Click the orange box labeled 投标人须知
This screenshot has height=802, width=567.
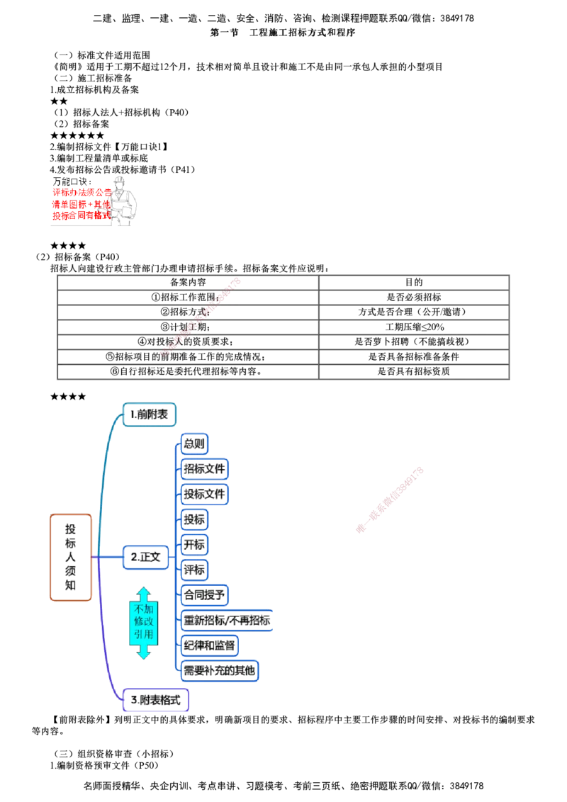(x=71, y=557)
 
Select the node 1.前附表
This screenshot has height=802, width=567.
(x=149, y=414)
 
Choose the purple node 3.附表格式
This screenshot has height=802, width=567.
(x=156, y=700)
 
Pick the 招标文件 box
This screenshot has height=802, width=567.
(x=206, y=469)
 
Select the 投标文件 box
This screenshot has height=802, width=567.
(x=206, y=494)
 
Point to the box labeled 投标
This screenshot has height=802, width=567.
(x=195, y=519)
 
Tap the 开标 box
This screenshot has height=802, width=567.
(x=195, y=545)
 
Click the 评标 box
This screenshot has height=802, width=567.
(x=195, y=570)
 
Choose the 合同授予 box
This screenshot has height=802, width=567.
(x=206, y=594)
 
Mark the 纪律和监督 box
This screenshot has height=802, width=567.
(x=210, y=645)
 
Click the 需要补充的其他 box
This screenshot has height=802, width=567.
(x=220, y=670)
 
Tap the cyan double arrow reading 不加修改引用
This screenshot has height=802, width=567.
(x=143, y=623)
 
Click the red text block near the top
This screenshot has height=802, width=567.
(x=80, y=205)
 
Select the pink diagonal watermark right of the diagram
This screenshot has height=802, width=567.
(x=390, y=499)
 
